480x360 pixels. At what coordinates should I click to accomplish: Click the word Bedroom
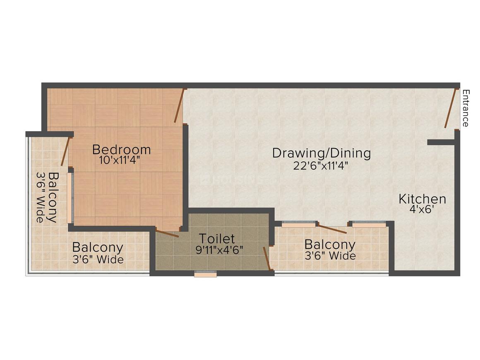click(x=121, y=149)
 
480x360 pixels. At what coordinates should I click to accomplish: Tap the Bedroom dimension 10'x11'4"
click(x=120, y=161)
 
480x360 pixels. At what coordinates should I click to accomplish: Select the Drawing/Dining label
click(x=321, y=153)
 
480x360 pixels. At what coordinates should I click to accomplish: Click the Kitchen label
click(x=422, y=199)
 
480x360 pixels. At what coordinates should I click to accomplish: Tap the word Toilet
click(x=216, y=239)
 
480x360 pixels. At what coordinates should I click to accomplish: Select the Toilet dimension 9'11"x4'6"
click(x=219, y=250)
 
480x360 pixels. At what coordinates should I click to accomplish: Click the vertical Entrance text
click(x=466, y=108)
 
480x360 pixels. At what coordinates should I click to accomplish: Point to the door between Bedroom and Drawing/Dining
click(x=179, y=106)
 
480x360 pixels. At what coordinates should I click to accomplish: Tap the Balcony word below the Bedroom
click(x=98, y=247)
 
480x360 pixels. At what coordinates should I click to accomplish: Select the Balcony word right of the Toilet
click(x=330, y=245)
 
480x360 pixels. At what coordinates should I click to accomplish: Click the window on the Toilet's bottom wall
click(x=206, y=274)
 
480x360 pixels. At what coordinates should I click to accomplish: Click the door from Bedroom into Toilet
click(x=167, y=233)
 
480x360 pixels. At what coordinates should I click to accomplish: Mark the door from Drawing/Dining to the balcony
click(x=333, y=229)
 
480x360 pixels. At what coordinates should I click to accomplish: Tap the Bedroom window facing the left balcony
click(x=70, y=198)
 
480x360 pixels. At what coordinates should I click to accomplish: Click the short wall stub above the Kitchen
click(x=441, y=142)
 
